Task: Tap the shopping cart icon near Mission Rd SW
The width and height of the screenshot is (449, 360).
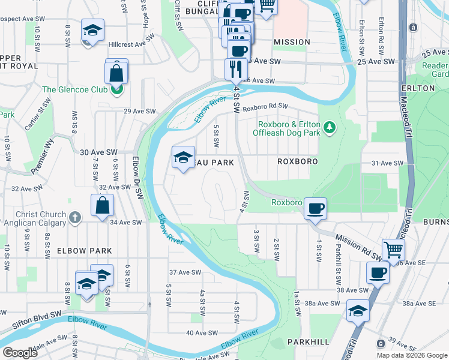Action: tap(393, 248)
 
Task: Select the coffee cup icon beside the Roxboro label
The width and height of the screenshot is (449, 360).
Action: tap(315, 208)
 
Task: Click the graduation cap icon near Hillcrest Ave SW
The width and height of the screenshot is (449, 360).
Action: tap(92, 30)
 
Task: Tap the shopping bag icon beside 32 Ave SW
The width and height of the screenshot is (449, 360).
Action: tap(103, 205)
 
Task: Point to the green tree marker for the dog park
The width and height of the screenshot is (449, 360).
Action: tap(328, 127)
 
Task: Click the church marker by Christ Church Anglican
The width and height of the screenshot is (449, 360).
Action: tap(74, 217)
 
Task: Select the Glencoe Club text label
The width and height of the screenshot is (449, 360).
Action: tap(74, 90)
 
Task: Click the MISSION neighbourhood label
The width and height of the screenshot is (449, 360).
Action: tap(292, 42)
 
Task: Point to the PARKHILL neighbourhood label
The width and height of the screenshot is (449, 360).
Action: tap(308, 341)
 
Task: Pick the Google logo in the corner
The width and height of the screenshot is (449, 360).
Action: tap(20, 353)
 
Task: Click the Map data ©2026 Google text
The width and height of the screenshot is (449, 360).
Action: tap(411, 355)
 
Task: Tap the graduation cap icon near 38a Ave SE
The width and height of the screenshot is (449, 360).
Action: tap(357, 310)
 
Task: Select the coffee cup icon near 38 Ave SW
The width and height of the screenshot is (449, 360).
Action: tap(378, 273)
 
